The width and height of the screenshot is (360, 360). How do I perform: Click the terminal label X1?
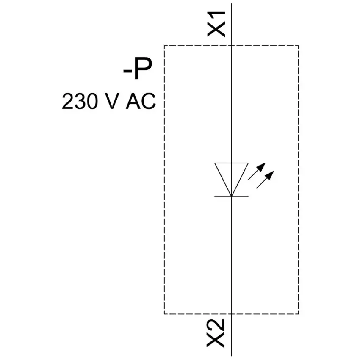coord(216,24)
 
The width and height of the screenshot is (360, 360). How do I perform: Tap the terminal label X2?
coord(216,333)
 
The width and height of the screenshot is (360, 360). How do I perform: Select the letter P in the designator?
coord(143,68)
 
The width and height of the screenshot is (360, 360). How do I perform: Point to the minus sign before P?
coord(127,71)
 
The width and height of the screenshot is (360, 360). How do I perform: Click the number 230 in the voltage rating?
coord(80,101)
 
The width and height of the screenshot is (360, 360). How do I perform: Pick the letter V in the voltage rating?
coord(112,101)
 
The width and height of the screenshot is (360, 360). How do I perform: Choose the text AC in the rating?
coord(141,101)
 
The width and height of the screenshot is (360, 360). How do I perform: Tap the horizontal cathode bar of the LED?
coord(231,197)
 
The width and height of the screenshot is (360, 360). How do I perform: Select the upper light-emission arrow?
coord(257,172)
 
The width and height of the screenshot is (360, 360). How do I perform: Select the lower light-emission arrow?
coord(265,180)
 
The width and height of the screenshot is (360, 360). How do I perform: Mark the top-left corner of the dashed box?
coord(164,46)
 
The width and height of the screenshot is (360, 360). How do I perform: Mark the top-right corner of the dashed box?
coord(299,46)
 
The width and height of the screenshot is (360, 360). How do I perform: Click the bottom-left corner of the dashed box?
coord(164,314)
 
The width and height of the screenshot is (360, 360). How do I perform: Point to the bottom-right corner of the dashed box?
coord(299,314)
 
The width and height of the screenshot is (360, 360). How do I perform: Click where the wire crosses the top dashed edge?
coord(231,46)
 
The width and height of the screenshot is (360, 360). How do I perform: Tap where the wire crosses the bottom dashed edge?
coord(231,314)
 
